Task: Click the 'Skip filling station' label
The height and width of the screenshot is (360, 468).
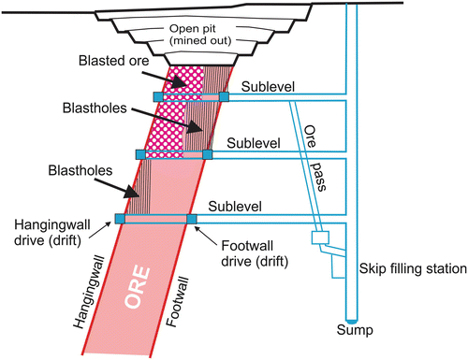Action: (413, 269)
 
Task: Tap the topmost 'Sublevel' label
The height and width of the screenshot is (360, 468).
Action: (268, 86)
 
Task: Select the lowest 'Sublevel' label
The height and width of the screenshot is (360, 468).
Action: (236, 202)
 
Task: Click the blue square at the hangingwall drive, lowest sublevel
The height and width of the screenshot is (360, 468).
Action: (120, 219)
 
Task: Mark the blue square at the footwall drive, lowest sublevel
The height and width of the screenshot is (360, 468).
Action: (192, 219)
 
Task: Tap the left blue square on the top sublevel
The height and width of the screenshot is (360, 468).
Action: (158, 96)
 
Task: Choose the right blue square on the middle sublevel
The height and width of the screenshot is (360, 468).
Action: (209, 153)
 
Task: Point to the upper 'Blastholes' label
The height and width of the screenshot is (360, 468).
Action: (128, 108)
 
